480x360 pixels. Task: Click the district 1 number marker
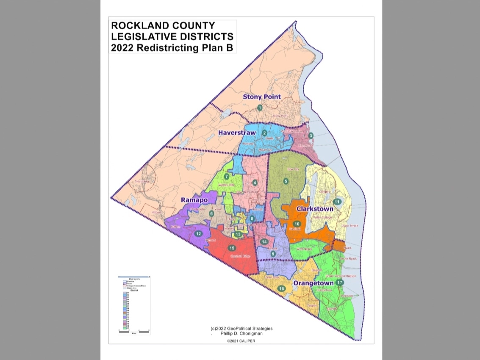(x=260, y=108)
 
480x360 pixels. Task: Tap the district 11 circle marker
(x=337, y=202)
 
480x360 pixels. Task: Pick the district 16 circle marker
(x=282, y=289)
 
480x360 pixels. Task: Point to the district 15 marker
(x=231, y=248)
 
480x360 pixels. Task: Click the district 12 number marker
(x=198, y=234)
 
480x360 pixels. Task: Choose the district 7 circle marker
(x=227, y=177)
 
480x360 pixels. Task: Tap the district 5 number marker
(x=286, y=181)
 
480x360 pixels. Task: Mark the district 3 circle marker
(x=311, y=136)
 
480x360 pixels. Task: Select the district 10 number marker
(x=297, y=224)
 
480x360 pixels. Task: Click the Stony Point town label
(x=261, y=97)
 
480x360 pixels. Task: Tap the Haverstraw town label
(x=237, y=133)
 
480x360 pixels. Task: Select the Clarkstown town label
(x=315, y=209)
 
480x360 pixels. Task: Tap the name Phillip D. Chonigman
(x=242, y=333)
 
